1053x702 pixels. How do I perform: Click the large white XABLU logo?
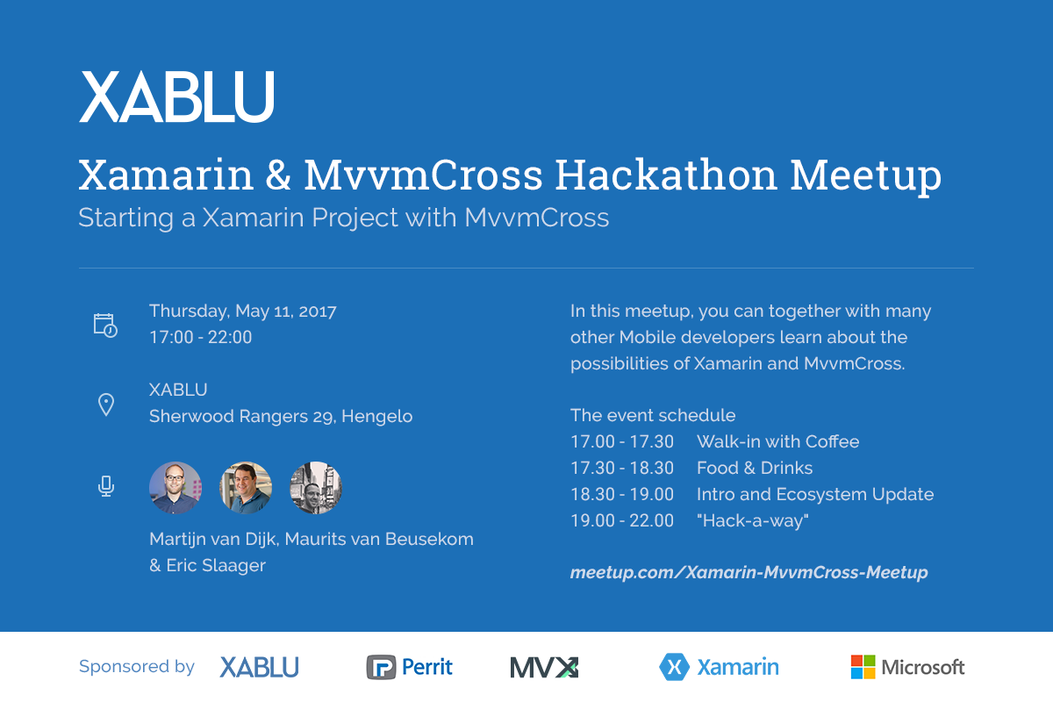(176, 97)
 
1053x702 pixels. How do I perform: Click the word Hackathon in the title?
(666, 175)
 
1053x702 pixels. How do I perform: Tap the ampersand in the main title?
(278, 175)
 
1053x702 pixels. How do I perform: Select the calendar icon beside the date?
(105, 326)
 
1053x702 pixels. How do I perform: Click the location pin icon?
(106, 405)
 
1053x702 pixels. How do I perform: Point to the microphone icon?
(106, 486)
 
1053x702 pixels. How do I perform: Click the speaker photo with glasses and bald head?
(175, 488)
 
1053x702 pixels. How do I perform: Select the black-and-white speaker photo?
(316, 488)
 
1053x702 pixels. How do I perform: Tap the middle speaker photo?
(246, 488)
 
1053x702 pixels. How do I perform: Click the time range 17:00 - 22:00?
(201, 337)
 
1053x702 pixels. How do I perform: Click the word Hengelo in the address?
(377, 417)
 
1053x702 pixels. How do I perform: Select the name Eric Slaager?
(216, 566)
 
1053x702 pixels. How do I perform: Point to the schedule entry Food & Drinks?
(755, 469)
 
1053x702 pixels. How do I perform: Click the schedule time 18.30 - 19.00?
(622, 495)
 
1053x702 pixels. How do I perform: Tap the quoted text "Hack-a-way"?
(753, 521)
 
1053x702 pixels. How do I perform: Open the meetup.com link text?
(749, 573)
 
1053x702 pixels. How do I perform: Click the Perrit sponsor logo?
(410, 667)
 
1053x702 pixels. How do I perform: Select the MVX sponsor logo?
(544, 668)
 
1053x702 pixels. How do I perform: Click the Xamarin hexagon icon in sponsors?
(674, 667)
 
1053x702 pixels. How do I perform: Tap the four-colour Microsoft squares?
(863, 667)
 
